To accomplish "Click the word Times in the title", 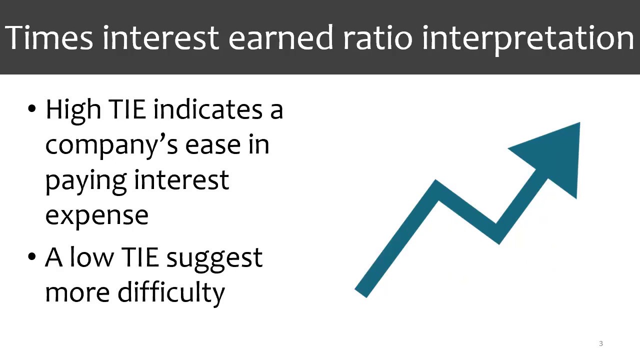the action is pos(49,37).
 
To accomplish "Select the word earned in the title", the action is pos(280,37).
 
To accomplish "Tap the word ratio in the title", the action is pos(377,37).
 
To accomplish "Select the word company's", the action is pos(111,145).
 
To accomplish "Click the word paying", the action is pos(85,182).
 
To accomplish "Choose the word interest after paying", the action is pos(181,179).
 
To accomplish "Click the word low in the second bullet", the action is pos(91,256).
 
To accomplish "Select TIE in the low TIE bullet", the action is pos(140,256).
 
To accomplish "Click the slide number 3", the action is pos(601,343).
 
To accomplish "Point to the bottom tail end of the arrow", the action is pos(360,293).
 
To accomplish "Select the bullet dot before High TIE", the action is pos(31,109).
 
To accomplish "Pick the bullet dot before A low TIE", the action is pos(31,256).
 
